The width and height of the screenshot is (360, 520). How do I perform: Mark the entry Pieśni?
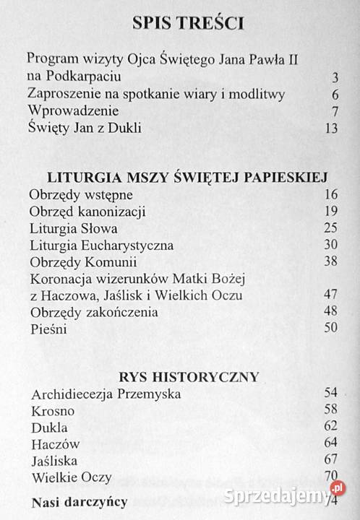50,329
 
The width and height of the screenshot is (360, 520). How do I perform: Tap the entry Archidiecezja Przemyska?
106,394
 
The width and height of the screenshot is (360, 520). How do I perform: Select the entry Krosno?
53,411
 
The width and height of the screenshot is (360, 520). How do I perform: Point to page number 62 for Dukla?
332,427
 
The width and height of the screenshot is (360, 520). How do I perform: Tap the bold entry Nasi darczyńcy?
79,502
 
